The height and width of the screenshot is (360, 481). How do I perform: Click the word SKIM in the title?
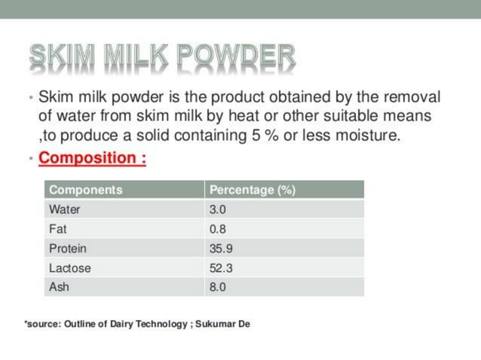60,55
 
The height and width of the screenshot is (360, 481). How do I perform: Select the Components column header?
85,190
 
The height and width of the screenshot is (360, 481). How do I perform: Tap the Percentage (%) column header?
252,190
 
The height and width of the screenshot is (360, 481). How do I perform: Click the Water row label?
65,209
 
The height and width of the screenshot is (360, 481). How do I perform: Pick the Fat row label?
58,229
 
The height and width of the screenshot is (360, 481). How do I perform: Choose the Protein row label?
68,249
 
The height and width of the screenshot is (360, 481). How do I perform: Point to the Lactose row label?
70,268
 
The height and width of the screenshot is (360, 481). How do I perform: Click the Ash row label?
59,287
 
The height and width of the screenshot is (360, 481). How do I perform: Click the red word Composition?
87,159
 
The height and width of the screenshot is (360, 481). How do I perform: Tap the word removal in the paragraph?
414,98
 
